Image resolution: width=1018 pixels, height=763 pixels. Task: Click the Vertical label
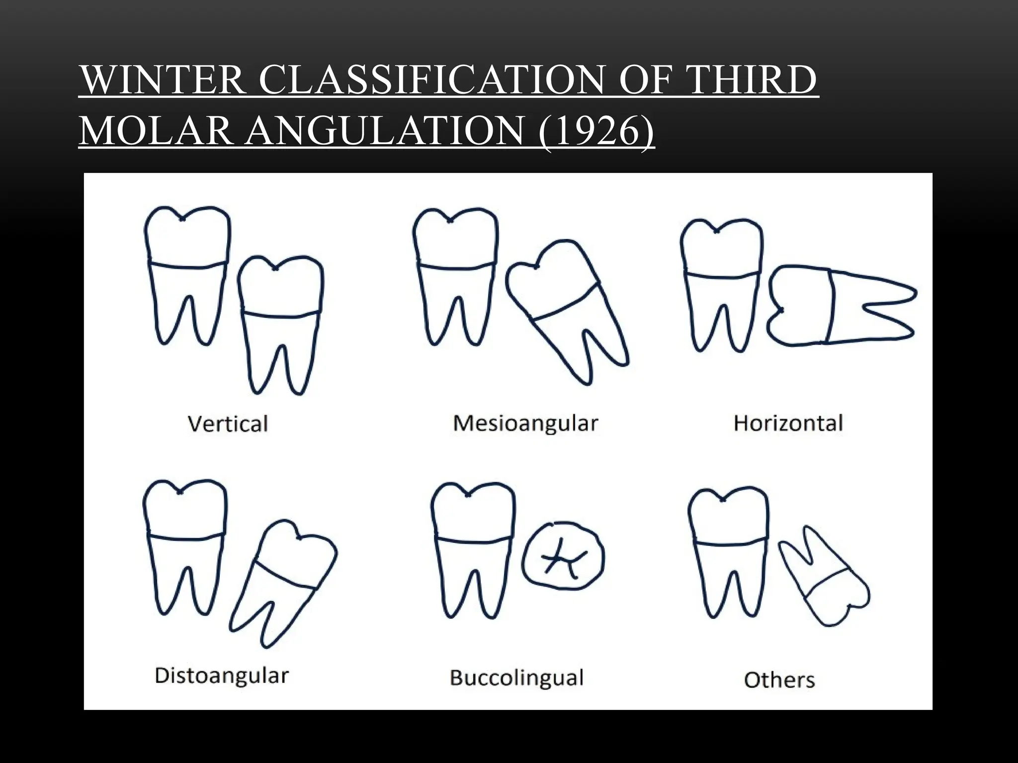click(x=228, y=424)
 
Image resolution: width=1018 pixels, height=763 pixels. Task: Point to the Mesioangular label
click(x=525, y=423)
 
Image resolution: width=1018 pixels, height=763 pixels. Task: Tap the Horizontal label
click(x=788, y=423)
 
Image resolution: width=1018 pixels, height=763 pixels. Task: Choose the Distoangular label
click(x=222, y=676)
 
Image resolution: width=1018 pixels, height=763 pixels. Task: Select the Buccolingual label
click(x=516, y=678)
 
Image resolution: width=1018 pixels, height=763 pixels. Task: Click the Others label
click(x=779, y=680)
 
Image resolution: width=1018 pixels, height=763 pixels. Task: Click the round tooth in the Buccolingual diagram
click(x=563, y=556)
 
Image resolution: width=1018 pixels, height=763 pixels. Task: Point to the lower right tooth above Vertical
click(x=279, y=323)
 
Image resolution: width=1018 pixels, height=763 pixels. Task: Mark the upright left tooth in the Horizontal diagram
click(x=721, y=283)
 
